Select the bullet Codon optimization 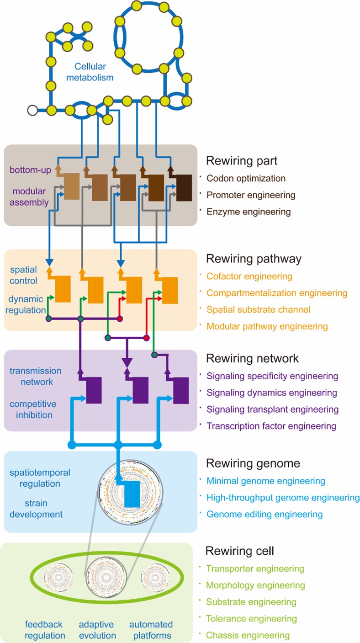tap(246, 178)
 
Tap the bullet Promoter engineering tap(251, 195)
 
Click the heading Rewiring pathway tap(254, 259)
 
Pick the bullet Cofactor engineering tap(249, 276)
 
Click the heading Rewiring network tap(253, 358)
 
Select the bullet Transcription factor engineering tap(271, 426)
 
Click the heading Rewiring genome tap(253, 463)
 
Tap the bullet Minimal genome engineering tap(265, 481)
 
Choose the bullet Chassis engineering tap(248, 635)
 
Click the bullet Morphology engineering tap(255, 585)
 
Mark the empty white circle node tap(32, 110)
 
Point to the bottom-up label tap(30, 170)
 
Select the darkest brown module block tap(185, 188)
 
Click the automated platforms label tap(151, 630)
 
